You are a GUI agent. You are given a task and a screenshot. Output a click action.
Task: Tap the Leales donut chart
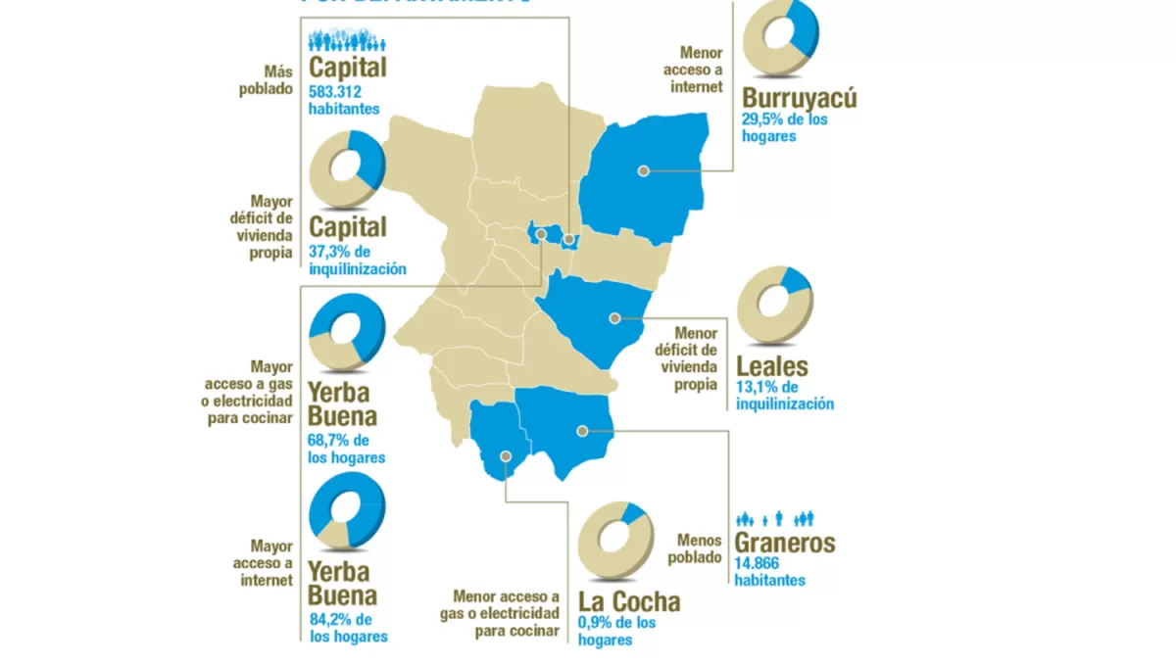coord(774,305)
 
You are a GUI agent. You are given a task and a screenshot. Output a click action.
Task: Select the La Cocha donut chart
coord(614,541)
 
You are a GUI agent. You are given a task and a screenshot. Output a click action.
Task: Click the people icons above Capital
coord(348,40)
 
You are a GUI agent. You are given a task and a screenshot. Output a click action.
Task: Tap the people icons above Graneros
coord(775,518)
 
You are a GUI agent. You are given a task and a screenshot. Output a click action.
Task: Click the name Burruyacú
coord(800,99)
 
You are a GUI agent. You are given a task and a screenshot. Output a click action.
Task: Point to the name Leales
coord(773,368)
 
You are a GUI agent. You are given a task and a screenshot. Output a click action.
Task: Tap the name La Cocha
coord(628,602)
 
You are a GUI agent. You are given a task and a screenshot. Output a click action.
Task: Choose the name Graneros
coord(786,543)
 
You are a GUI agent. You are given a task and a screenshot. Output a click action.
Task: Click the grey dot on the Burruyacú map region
coord(643,170)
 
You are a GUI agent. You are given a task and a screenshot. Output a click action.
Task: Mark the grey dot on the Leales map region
coord(614,317)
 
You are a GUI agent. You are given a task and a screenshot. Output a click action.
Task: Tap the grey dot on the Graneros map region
coord(582,430)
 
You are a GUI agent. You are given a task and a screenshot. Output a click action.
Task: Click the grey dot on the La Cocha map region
coord(506,455)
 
